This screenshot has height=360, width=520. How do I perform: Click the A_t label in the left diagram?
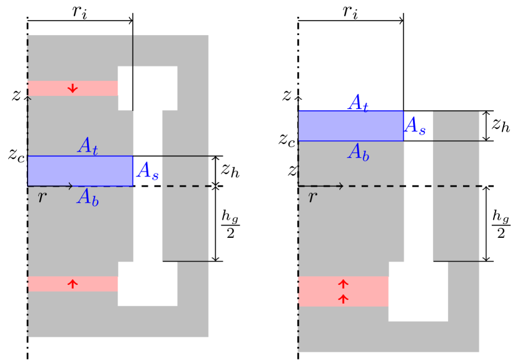click(88, 147)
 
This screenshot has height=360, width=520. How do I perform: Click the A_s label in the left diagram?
click(148, 171)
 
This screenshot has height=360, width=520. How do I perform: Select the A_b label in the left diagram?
click(88, 198)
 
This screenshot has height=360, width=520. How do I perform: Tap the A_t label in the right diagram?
click(358, 103)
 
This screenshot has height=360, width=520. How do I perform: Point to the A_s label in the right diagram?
click(415, 126)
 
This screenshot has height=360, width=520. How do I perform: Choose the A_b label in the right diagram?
click(358, 152)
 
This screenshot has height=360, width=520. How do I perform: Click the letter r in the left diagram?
click(42, 197)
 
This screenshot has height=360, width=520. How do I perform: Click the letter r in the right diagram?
click(312, 197)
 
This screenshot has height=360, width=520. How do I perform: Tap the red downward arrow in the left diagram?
click(73, 88)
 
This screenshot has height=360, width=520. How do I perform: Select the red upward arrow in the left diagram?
click(73, 284)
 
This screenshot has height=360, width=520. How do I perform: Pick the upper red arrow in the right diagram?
click(343, 284)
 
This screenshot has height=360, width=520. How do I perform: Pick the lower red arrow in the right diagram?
click(343, 299)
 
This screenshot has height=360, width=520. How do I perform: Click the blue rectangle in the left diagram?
click(80, 171)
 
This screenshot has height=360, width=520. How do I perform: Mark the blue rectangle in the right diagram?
click(350, 126)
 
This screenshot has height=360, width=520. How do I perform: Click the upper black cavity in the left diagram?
click(148, 88)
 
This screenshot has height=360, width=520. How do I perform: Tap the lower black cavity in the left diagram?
click(148, 284)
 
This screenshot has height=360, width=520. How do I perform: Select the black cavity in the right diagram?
click(418, 291)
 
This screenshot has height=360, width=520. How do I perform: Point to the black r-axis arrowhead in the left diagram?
click(70, 186)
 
